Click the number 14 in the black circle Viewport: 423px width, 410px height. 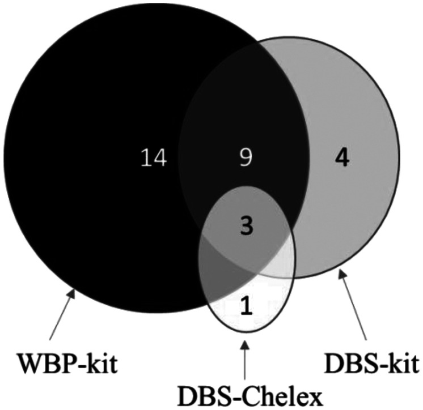pos(154,157)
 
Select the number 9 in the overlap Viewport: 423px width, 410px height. pos(245,157)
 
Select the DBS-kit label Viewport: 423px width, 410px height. pos(371,361)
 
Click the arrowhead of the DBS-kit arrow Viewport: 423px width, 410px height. pos(342,275)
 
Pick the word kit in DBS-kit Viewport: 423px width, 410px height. pos(403,361)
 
